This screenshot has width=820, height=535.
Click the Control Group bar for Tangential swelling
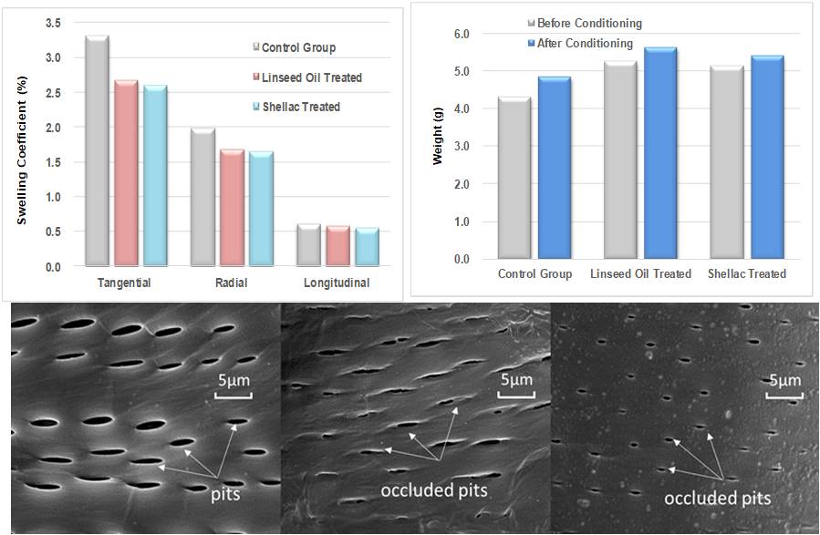click(97, 150)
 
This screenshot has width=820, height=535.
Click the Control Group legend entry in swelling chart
click(297, 47)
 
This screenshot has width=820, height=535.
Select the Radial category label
click(230, 283)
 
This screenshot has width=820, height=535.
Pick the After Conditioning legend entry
click(585, 43)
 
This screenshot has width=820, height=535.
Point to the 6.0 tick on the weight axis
click(461, 34)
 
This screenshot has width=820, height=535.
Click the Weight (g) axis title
click(438, 145)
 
